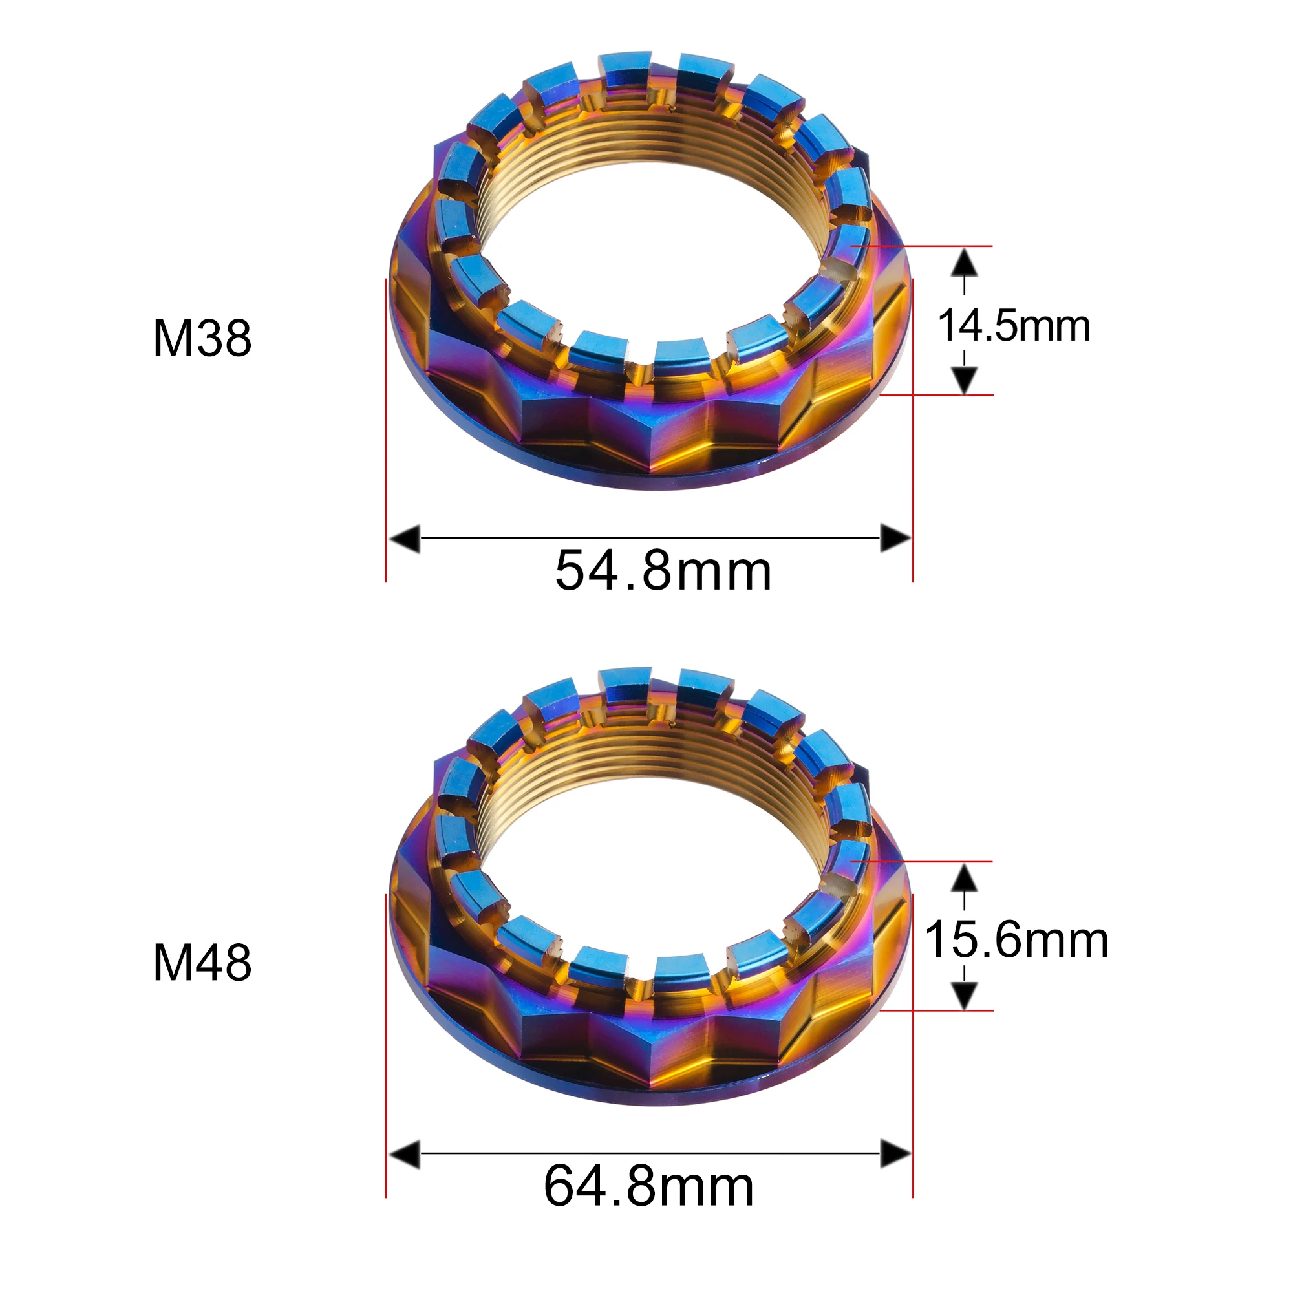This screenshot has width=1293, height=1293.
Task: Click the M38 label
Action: (x=202, y=338)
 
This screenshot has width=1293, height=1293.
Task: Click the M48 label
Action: (x=202, y=963)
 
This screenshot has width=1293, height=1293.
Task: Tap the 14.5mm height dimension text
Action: (x=1014, y=326)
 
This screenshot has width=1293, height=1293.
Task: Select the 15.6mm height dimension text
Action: (x=1016, y=940)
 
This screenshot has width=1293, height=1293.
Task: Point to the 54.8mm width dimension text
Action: (x=663, y=571)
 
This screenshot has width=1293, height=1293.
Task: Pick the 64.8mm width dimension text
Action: (x=648, y=1186)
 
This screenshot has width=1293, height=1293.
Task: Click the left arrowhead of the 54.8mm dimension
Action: (x=404, y=538)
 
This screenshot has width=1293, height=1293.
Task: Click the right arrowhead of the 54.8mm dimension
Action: (x=895, y=538)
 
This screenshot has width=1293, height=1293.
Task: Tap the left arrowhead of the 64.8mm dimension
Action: (x=404, y=1154)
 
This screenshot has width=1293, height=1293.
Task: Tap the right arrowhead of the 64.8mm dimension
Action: (x=895, y=1154)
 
